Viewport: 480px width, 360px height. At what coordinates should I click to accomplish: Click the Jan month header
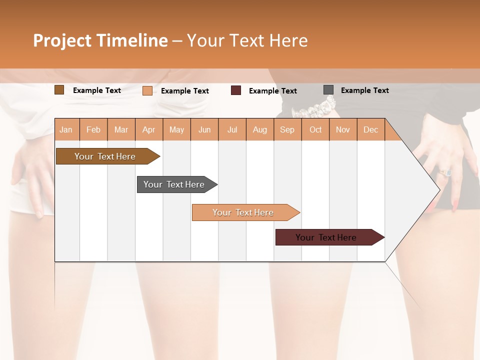[66, 129]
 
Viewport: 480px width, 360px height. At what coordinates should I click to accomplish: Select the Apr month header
[148, 129]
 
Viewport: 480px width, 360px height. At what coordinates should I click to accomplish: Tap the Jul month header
[232, 129]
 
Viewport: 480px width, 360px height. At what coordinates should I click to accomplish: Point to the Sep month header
[287, 129]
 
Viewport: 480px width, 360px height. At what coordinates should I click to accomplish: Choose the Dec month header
[370, 129]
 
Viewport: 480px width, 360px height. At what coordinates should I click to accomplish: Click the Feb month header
[93, 129]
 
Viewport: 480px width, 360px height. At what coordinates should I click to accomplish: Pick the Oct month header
[315, 129]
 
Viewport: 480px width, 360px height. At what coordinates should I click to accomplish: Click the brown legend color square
[59, 90]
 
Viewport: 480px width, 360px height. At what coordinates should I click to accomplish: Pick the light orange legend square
[147, 90]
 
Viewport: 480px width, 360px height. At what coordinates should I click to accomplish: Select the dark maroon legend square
[236, 90]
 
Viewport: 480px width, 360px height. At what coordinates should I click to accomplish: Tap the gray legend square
[328, 90]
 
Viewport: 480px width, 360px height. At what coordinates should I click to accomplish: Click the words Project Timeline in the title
[100, 40]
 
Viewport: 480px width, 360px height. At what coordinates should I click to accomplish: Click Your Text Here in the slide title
[247, 40]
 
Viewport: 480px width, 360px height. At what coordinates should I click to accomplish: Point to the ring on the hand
[445, 172]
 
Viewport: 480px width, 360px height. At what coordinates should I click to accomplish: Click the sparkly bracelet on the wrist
[315, 107]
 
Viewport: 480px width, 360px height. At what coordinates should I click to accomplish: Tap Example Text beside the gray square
[364, 90]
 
